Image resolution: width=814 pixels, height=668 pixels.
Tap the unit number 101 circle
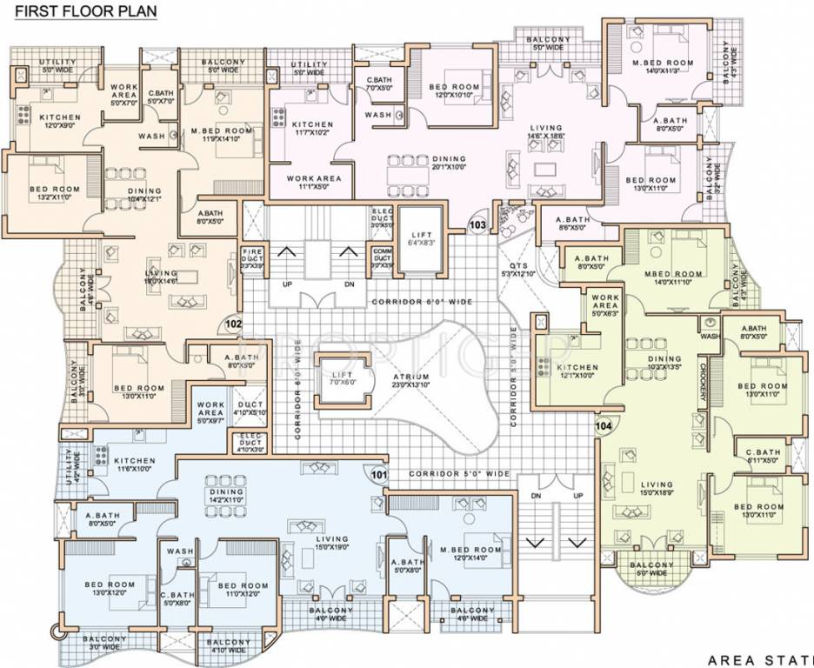pos(378,475)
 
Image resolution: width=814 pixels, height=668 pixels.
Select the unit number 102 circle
pos(233,324)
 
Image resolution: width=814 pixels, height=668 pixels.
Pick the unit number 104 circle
pos(603,426)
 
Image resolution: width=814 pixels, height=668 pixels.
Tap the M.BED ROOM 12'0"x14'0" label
pos(470,554)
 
